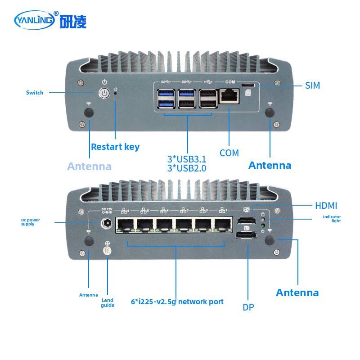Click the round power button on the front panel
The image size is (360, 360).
(104, 94)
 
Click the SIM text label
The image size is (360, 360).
(313, 85)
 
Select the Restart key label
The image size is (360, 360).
(115, 147)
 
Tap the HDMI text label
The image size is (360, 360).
(326, 206)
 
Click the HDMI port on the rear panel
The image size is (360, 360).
(246, 221)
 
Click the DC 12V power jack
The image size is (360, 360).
(108, 223)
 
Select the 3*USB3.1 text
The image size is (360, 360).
(187, 159)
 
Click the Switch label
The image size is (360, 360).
(35, 93)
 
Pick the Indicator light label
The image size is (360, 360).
(332, 219)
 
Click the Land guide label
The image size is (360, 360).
(108, 302)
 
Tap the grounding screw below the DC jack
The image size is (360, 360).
(108, 251)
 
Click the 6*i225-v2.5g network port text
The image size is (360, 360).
(177, 301)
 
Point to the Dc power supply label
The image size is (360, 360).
(31, 222)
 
